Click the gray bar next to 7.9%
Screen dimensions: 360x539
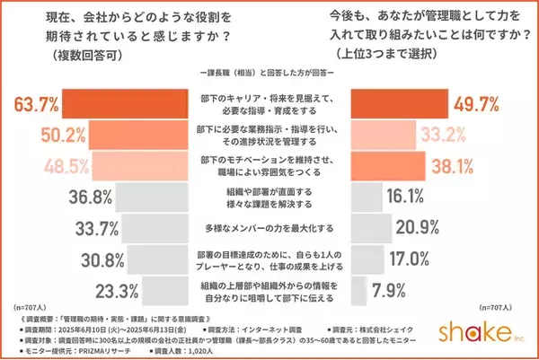357,289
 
